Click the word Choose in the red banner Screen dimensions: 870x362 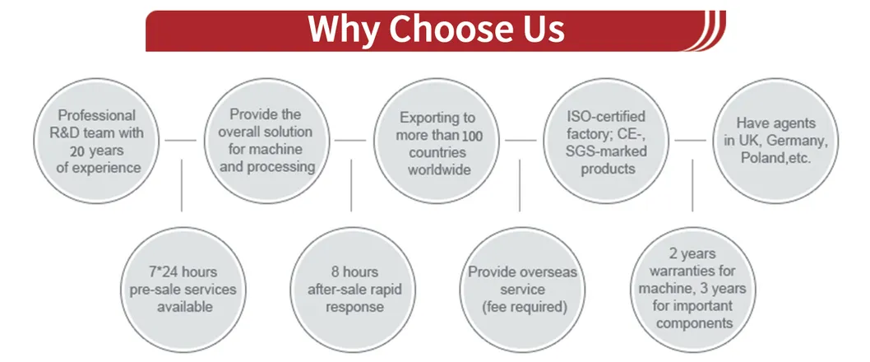pyautogui.click(x=441, y=29)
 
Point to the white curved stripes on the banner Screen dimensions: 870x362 pyautogui.click(x=707, y=30)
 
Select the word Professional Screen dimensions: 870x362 pyautogui.click(x=96, y=115)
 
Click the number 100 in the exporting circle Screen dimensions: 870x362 pyautogui.click(x=472, y=135)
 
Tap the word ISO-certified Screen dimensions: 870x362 pyautogui.click(x=606, y=117)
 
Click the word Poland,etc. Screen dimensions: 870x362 pyautogui.click(x=775, y=158)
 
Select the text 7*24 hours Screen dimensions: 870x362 pyautogui.click(x=183, y=272)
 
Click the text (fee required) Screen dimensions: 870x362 pyautogui.click(x=522, y=307)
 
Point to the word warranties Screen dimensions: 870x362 pyautogui.click(x=692, y=271)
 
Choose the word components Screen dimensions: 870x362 pyautogui.click(x=694, y=323)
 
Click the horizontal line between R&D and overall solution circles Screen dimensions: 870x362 pyautogui.click(x=181, y=141)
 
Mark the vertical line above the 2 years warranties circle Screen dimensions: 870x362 pyautogui.click(x=692, y=185)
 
